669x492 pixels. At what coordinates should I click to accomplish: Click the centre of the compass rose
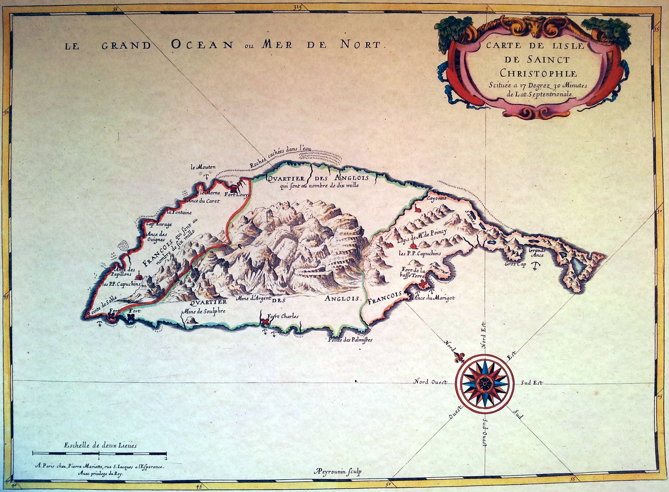pos(484,383)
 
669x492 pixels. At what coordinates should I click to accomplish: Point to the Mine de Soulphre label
pos(203,311)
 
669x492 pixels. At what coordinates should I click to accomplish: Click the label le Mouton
pos(202,166)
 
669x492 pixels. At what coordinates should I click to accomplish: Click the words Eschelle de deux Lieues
pos(100,445)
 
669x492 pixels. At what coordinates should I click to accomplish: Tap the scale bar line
pos(99,454)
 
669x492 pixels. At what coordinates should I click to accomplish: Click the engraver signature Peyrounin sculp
pos(338,472)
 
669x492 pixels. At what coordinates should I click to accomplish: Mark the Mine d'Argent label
pos(254,299)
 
